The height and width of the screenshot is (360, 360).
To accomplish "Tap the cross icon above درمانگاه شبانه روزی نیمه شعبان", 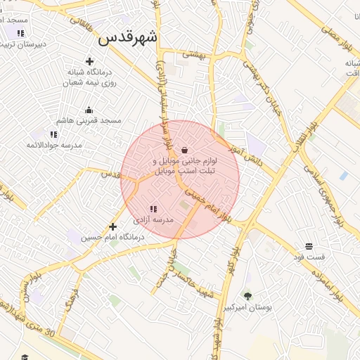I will [89, 62].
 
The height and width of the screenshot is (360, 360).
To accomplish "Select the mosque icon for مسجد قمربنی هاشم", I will [89, 110].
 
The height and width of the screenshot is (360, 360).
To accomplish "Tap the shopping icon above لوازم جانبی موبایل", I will [184, 150].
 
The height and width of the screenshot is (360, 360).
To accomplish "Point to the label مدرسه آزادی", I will [153, 220].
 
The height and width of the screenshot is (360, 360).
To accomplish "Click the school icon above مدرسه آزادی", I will [153, 209].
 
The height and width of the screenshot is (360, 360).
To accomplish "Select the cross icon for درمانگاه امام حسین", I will [112, 226].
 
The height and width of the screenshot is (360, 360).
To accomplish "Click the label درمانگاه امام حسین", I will [112, 238].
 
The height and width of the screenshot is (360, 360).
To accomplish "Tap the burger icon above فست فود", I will [309, 246].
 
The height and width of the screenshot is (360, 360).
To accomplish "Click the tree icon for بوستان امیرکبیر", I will [247, 296].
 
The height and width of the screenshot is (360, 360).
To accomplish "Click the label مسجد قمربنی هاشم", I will [89, 121].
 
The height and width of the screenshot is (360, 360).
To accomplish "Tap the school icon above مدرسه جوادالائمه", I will [54, 134].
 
